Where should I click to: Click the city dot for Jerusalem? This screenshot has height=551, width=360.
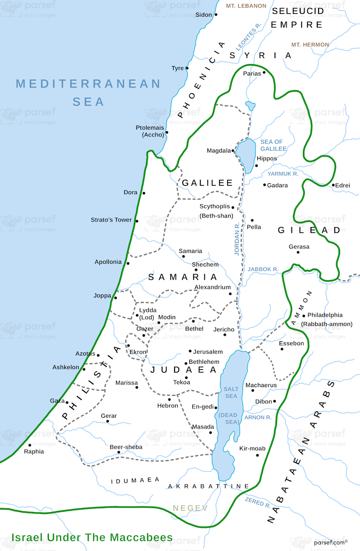pyautogui.click(x=190, y=351)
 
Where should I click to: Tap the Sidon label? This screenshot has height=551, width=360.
pyautogui.click(x=203, y=15)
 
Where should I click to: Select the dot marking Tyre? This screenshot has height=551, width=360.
pyautogui.click(x=187, y=68)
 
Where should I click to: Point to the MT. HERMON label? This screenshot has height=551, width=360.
pyautogui.click(x=310, y=45)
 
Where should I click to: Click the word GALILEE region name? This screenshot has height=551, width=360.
pyautogui.click(x=207, y=183)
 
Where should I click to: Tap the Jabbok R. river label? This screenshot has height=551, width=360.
pyautogui.click(x=263, y=269)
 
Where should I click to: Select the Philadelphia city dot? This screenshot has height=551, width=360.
pyautogui.click(x=304, y=316)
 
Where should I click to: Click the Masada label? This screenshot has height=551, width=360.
pyautogui.click(x=200, y=427)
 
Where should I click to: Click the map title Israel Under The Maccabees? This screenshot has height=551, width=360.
pyautogui.click(x=92, y=537)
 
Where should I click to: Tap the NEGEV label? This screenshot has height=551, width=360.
pyautogui.click(x=190, y=508)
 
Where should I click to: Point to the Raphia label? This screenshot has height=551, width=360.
pyautogui.click(x=34, y=452)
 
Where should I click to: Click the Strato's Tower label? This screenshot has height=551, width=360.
pyautogui.click(x=111, y=220)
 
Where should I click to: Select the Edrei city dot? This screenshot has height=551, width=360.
pyautogui.click(x=333, y=185)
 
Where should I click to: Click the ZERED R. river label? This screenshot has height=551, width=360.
pyautogui.click(x=257, y=502)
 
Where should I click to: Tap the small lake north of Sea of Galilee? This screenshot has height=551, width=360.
pyautogui.click(x=250, y=106)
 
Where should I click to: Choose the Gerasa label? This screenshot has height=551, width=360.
pyautogui.click(x=299, y=247)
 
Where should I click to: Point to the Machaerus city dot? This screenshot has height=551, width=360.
pyautogui.click(x=253, y=390)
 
